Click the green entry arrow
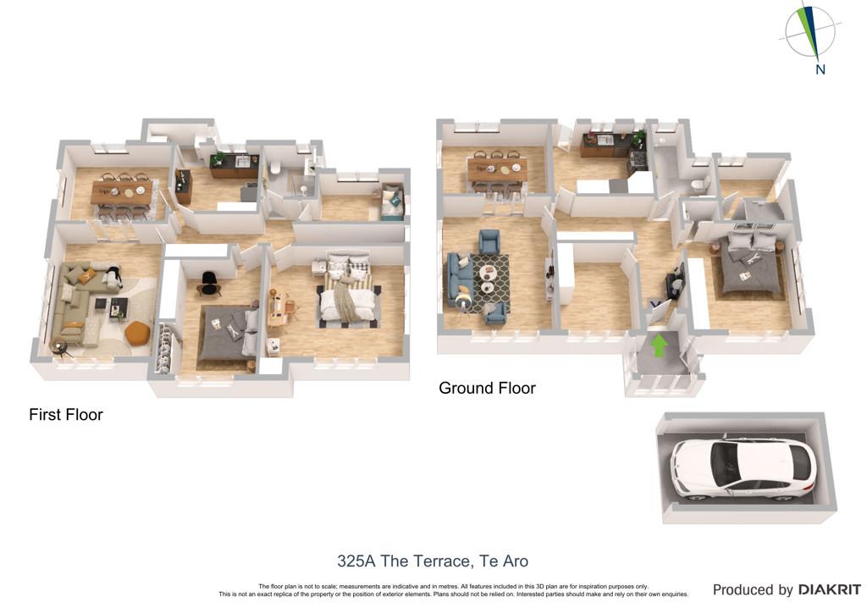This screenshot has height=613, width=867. (x=659, y=346)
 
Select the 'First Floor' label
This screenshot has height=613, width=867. (x=66, y=415)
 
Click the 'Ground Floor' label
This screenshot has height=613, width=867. (x=487, y=388)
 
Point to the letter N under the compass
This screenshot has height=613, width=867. (x=820, y=69)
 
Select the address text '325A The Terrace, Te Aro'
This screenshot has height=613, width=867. (x=433, y=561)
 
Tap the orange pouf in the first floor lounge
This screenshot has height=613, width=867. (x=137, y=333)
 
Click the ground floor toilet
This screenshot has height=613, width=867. (x=700, y=185)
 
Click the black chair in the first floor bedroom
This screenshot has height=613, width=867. (x=209, y=281)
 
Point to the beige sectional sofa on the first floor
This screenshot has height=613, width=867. (x=80, y=301)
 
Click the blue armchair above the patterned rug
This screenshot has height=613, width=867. (x=489, y=242)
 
